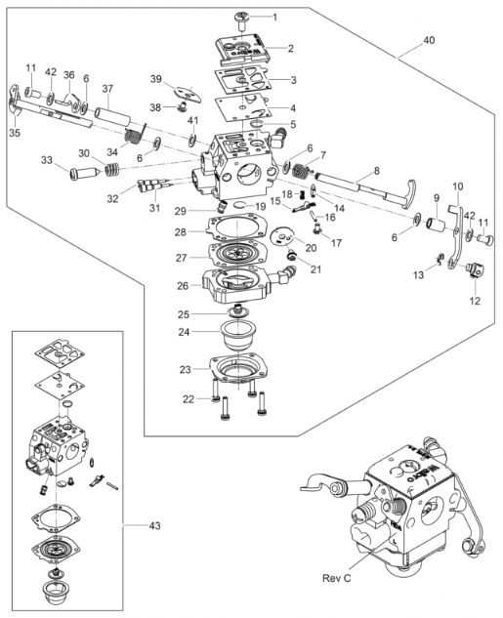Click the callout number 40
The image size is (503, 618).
click(430, 40)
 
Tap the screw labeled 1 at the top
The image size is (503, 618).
click(241, 20)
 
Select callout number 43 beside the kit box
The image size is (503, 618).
click(154, 526)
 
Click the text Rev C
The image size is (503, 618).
click(336, 578)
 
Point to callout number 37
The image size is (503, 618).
click(107, 88)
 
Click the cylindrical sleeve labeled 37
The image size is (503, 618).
click(112, 117)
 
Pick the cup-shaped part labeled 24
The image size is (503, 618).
click(239, 335)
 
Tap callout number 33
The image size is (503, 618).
click(47, 160)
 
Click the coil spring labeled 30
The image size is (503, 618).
click(112, 171)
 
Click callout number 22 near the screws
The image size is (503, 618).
click(189, 399)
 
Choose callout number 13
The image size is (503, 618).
click(419, 274)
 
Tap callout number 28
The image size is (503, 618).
click(181, 232)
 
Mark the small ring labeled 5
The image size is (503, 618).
click(258, 124)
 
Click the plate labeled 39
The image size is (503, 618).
click(188, 94)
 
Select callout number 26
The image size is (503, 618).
click(183, 286)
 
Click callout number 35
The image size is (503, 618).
click(15, 133)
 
